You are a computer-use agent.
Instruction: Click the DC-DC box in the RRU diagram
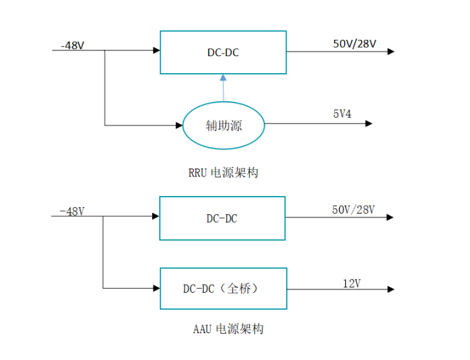[223, 52]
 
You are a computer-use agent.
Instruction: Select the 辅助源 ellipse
[223, 125]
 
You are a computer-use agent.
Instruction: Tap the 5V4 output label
[342, 114]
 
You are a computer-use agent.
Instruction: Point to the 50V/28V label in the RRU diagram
[354, 44]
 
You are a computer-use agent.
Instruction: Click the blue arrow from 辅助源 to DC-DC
[223, 88]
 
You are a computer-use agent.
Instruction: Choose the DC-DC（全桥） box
[223, 288]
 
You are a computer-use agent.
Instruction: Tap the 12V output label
[352, 283]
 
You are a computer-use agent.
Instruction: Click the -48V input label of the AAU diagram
[72, 211]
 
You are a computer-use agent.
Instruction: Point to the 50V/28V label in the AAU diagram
[354, 210]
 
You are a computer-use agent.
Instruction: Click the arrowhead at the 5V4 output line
[369, 123]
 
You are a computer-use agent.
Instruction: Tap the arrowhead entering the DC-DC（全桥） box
[157, 288]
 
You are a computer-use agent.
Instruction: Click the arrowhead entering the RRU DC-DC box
[157, 51]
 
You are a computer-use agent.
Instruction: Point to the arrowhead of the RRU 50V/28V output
[390, 51]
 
